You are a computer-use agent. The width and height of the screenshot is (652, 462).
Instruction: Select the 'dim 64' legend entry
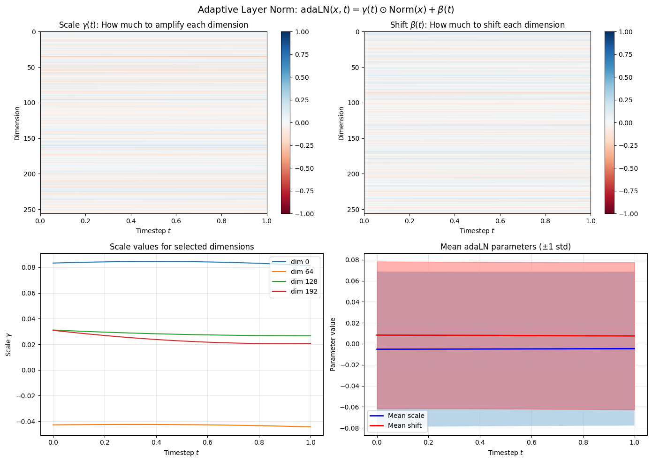pos(302,272)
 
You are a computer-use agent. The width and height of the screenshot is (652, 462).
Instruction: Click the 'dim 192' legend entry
pos(304,291)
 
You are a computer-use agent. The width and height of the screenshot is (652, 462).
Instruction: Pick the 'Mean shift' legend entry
pos(404,425)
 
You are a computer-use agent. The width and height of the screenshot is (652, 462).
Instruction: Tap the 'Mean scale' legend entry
pos(406,416)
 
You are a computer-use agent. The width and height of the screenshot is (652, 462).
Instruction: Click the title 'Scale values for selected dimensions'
pos(182,247)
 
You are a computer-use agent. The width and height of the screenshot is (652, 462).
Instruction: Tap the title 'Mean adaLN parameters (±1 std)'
pos(505,247)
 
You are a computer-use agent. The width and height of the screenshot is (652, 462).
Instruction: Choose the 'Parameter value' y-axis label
pos(333,344)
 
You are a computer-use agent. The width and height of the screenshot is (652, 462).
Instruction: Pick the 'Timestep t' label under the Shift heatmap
pos(477,231)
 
